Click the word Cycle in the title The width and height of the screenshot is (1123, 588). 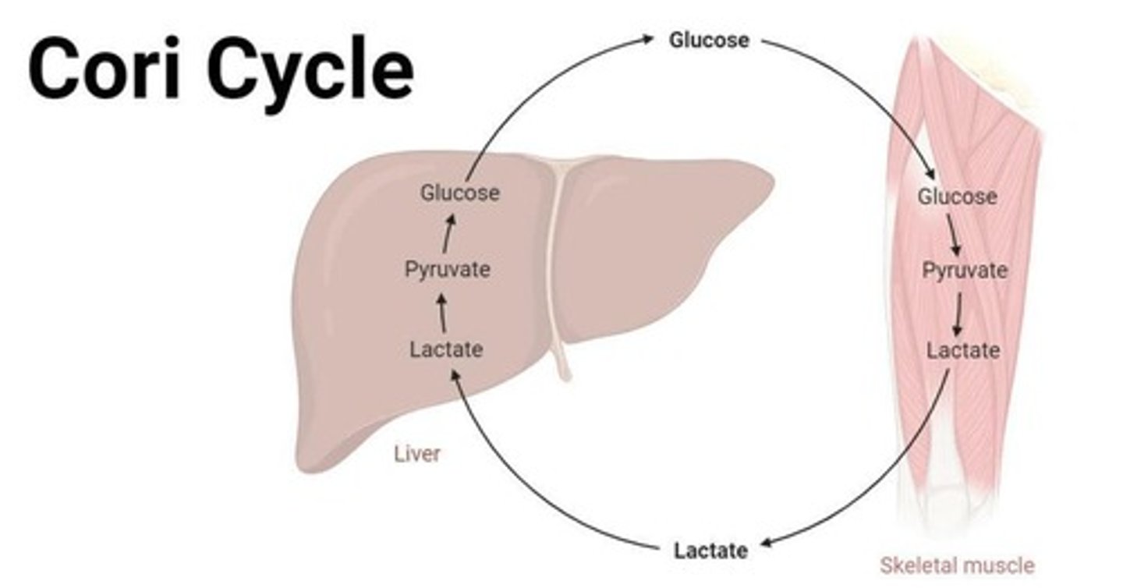[x=310, y=70]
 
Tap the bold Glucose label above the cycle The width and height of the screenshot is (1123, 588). [x=709, y=40]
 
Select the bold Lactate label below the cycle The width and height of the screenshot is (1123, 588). [x=710, y=551]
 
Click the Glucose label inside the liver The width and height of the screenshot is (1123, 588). [x=459, y=193]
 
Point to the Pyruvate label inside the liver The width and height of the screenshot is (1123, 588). [x=448, y=271]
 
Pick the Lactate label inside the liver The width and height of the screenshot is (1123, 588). [x=446, y=349]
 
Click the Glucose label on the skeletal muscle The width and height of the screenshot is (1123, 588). [x=957, y=197]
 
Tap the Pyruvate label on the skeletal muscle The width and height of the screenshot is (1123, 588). [x=965, y=271]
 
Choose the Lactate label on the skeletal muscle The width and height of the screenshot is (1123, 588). [x=963, y=351]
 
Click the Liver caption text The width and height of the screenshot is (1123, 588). [x=416, y=454]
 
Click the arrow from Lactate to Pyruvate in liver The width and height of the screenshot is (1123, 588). [x=443, y=313]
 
